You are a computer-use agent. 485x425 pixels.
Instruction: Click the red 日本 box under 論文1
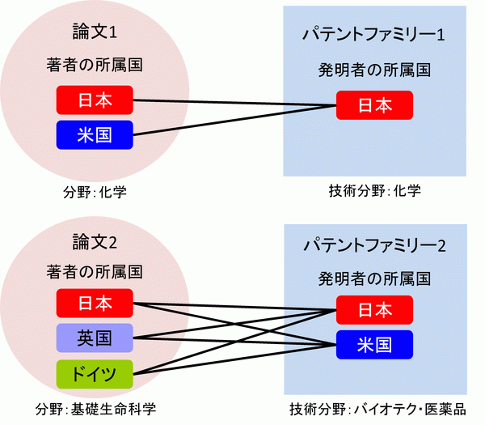point(95,100)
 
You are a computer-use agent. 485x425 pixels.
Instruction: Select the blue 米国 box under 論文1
point(95,134)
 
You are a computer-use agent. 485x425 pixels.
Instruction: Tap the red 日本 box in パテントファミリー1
point(375,105)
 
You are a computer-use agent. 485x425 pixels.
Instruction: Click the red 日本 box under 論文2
point(95,304)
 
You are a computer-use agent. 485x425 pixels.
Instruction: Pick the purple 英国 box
point(95,338)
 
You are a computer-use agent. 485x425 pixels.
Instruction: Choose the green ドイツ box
point(95,372)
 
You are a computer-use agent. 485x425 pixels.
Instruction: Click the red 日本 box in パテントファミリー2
point(375,310)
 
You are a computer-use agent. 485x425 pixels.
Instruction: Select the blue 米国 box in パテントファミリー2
point(375,344)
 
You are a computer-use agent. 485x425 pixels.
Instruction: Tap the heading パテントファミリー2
point(374,244)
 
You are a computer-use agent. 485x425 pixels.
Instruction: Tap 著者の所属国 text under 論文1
point(95,66)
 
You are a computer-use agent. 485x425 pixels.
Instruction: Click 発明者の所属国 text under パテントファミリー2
point(374,278)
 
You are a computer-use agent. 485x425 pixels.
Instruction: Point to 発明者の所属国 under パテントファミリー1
point(374,70)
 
